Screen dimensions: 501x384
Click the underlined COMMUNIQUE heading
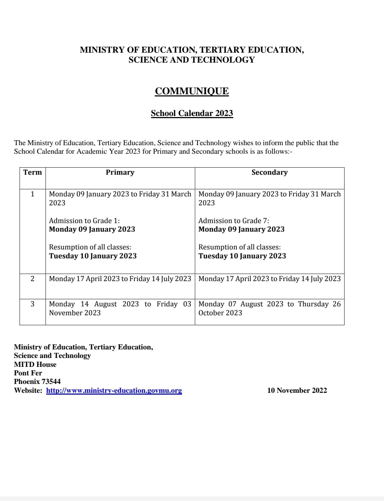pos(192,91)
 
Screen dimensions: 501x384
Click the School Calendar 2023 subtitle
pos(192,113)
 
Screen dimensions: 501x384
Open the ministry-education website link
pos(114,390)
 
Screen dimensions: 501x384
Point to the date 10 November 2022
pos(297,390)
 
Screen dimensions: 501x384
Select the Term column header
pos(32,173)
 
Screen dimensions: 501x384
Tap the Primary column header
pos(120,173)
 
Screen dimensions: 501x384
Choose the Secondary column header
pos(270,173)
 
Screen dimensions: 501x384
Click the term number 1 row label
pos(32,194)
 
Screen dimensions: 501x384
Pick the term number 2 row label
pos(32,279)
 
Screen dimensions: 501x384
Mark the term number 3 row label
pos(32,304)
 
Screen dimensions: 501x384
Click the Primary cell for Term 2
pos(120,279)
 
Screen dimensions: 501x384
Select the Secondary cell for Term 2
pos(270,279)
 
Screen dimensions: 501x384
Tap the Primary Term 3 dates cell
pos(120,308)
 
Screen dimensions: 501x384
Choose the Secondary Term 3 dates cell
pos(270,308)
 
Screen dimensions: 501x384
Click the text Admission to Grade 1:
pos(84,221)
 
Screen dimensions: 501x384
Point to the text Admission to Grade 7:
pos(234,221)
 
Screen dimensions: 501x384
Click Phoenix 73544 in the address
pos(37,381)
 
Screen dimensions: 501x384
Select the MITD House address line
pos(35,364)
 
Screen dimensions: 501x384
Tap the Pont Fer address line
pos(28,373)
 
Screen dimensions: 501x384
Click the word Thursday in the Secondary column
pos(313,304)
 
